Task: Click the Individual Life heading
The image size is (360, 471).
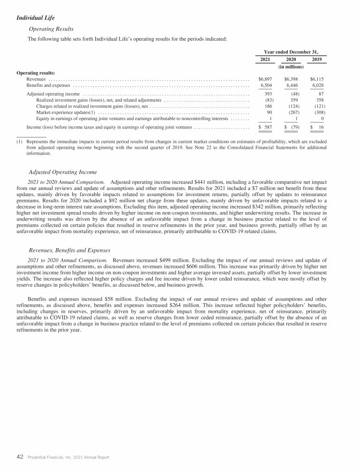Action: coord(35,18)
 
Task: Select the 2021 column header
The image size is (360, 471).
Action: coord(265,60)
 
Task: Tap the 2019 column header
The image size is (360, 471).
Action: coord(318,60)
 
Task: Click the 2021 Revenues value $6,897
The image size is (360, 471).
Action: coord(265,79)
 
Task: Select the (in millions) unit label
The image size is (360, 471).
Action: coord(292,67)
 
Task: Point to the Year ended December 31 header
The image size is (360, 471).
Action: coord(292,52)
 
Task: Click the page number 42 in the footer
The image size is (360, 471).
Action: coord(20,456)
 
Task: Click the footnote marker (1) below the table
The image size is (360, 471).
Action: coord(20,141)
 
